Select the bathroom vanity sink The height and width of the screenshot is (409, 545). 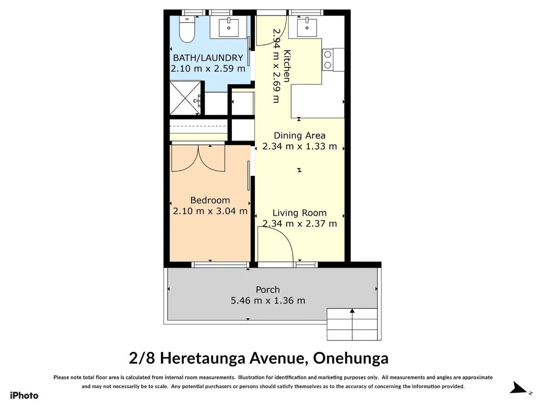click(x=229, y=28)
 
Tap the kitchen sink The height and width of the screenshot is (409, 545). click(x=307, y=28)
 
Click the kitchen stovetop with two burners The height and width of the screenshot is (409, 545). click(x=328, y=60)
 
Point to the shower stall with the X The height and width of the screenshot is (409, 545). click(x=185, y=98)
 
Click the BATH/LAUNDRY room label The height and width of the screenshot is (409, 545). click(x=208, y=58)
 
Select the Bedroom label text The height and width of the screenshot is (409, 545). click(x=210, y=200)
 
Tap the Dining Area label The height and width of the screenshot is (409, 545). click(x=300, y=135)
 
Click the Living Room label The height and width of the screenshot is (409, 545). click(x=299, y=213)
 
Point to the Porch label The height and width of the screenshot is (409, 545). click(x=268, y=290)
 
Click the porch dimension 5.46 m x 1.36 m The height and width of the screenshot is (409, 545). click(x=268, y=301)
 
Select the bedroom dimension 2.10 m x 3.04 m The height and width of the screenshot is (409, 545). click(x=210, y=211)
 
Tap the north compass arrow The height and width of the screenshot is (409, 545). click(x=518, y=388)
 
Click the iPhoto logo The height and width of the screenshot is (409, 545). click(x=24, y=395)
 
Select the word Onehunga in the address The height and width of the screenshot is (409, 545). click(x=351, y=358)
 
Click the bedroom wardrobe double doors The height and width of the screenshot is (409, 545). click(x=198, y=158)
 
